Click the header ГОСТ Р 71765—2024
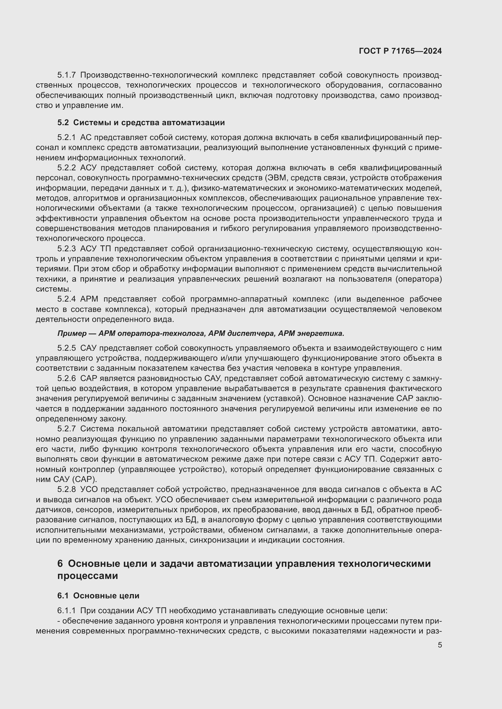[x=400, y=51]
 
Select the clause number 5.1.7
[x=66, y=75]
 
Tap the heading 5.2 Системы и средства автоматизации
[x=141, y=122]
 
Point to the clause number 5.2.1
[x=66, y=137]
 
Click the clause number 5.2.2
[x=66, y=168]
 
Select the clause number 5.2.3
[x=66, y=249]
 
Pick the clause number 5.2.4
[x=66, y=299]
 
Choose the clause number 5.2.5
[x=66, y=348]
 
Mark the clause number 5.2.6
[x=66, y=379]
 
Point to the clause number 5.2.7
[x=66, y=429]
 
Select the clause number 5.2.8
[x=66, y=490]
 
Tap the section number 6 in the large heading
[x=60, y=564]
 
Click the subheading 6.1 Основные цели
[x=98, y=596]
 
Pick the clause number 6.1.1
[x=66, y=610]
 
